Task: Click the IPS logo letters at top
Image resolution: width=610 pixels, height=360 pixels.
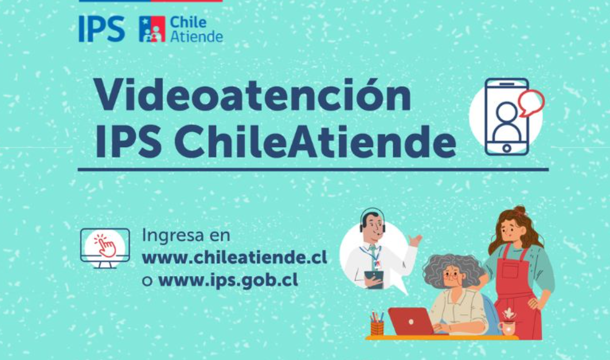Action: pyautogui.click(x=101, y=29)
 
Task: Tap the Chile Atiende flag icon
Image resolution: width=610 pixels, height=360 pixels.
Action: pyautogui.click(x=152, y=29)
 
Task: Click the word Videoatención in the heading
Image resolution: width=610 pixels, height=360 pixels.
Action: pyautogui.click(x=252, y=94)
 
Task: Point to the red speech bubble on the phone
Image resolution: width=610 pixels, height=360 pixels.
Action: pyautogui.click(x=531, y=102)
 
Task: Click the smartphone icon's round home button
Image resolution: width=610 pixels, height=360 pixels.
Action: pyautogui.click(x=506, y=148)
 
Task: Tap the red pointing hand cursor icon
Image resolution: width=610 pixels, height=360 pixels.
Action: pyautogui.click(x=105, y=245)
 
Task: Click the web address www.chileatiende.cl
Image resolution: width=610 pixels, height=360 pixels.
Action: pyautogui.click(x=235, y=258)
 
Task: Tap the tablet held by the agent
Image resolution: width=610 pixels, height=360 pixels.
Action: pyautogui.click(x=374, y=279)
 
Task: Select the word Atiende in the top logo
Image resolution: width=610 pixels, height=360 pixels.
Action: pyautogui.click(x=197, y=37)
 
